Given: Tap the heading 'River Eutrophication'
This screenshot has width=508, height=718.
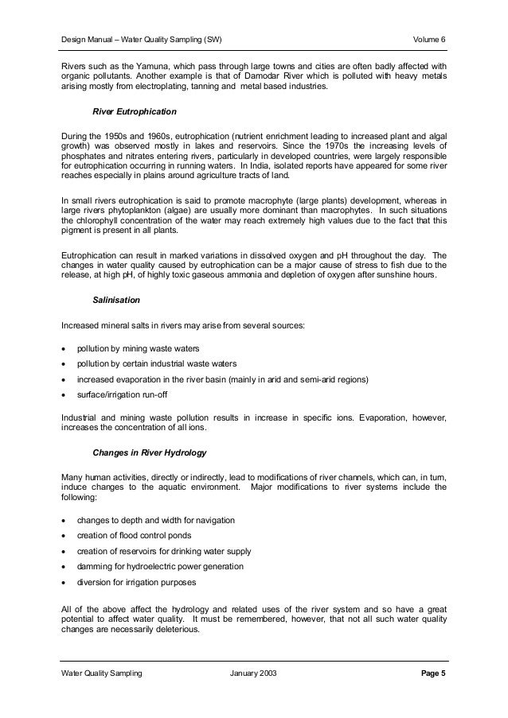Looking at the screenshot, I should pos(135,111).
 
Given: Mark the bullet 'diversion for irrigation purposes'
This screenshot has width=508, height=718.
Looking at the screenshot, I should pos(137,583).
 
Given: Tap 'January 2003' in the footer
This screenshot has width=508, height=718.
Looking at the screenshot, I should pos(254,673).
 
